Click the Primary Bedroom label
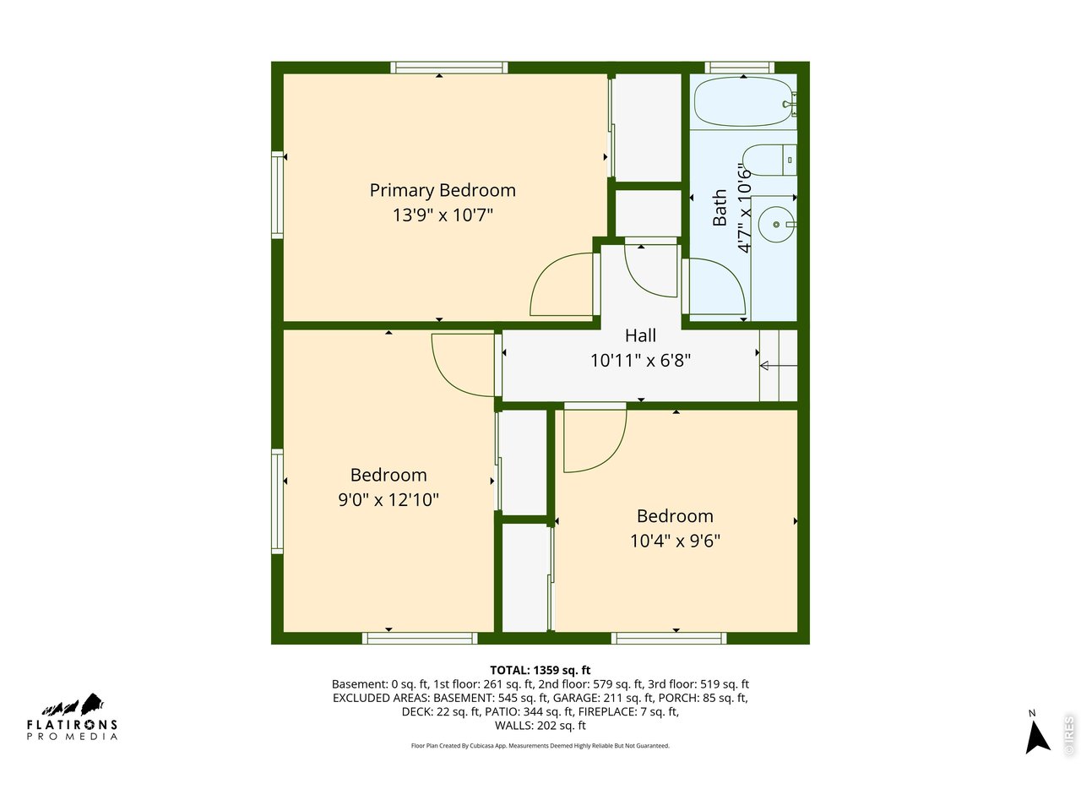point(443,191)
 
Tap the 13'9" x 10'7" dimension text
point(443,215)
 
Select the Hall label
point(640,335)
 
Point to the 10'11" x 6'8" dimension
point(640,361)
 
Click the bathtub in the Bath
point(744,101)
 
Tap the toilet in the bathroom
point(769,160)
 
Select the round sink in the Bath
point(776,225)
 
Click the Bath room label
point(720,207)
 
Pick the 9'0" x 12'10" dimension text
point(388,500)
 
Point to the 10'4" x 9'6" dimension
point(675,541)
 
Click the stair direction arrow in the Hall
point(778,365)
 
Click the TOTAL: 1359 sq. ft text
point(540,670)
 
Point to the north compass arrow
point(1037,737)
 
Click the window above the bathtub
point(739,68)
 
